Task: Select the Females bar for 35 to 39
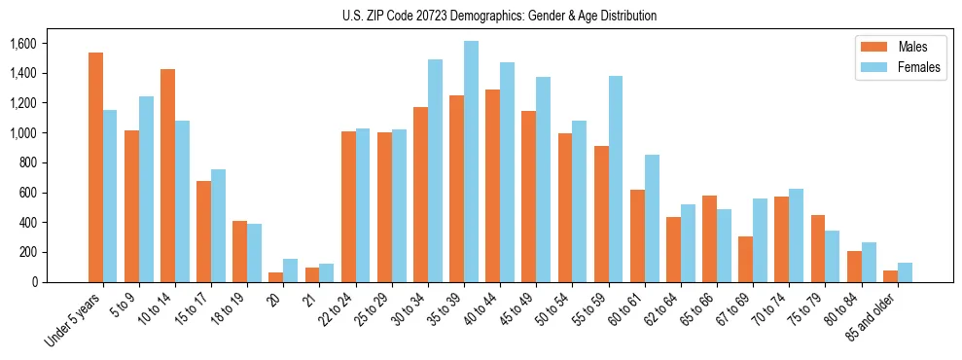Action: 471,162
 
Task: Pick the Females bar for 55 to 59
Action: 616,179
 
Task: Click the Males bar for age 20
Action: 276,277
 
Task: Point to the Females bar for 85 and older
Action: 905,272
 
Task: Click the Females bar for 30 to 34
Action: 435,170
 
